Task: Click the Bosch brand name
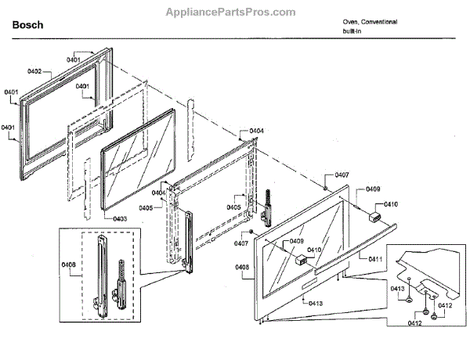(27, 25)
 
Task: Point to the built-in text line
(352, 31)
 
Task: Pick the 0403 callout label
(120, 218)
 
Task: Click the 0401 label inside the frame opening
(86, 87)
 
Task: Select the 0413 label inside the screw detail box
(398, 289)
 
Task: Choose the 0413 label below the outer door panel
(315, 303)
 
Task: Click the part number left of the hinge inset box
(45, 265)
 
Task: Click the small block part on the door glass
(299, 261)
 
